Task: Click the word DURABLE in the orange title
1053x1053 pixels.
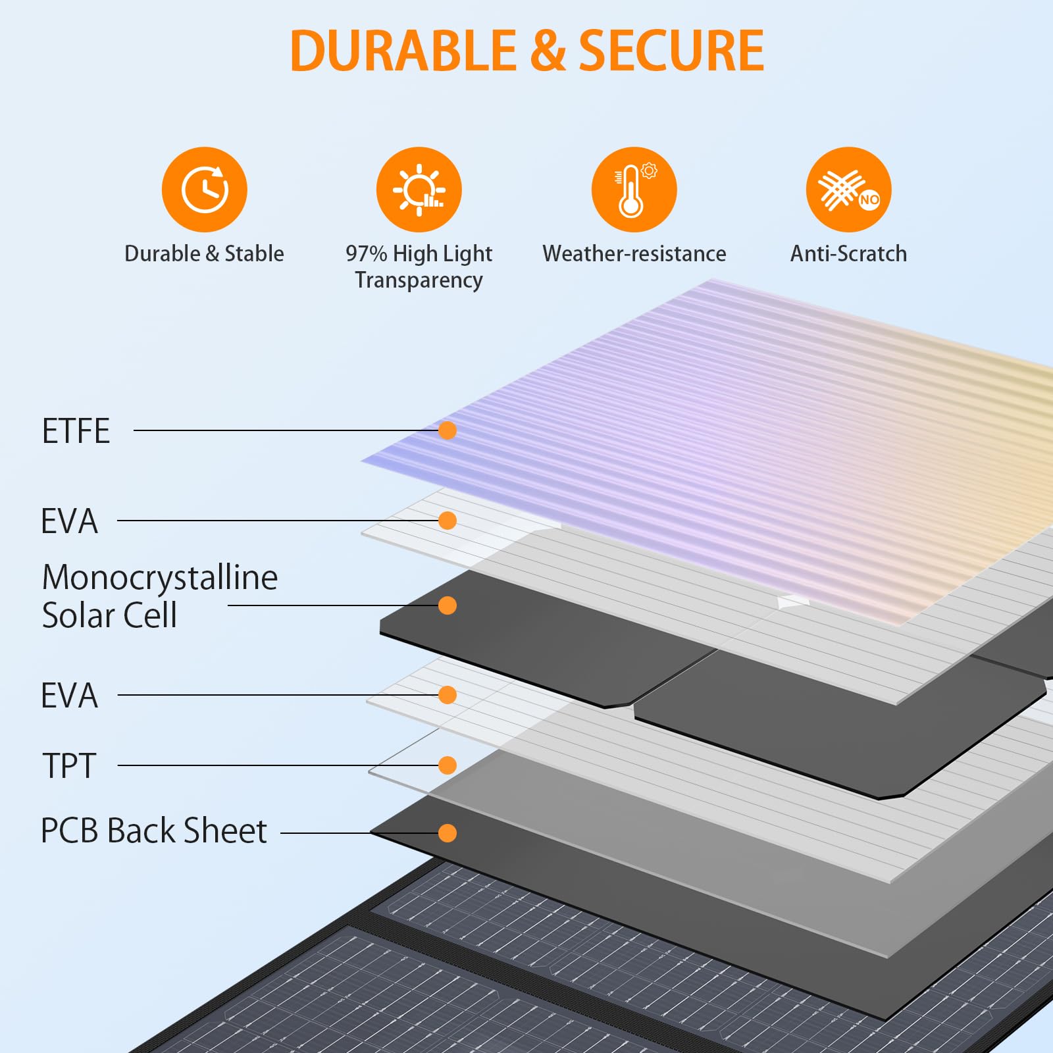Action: [x=403, y=51]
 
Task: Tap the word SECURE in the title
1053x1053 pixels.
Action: [x=671, y=51]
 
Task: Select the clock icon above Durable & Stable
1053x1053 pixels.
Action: [x=205, y=190]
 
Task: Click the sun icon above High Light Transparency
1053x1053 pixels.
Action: [x=419, y=190]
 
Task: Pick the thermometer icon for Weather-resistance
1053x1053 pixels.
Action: [x=634, y=190]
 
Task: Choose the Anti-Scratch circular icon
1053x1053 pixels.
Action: [x=848, y=190]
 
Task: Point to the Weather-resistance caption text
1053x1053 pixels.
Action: [x=634, y=253]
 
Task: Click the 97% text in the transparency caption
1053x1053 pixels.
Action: [x=366, y=253]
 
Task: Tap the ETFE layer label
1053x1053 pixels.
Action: [x=76, y=431]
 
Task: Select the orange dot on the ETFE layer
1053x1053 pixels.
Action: [x=448, y=430]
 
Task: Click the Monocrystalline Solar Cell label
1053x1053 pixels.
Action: [x=159, y=596]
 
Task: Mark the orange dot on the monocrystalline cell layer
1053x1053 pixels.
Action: [x=448, y=605]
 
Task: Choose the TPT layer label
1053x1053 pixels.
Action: [x=69, y=765]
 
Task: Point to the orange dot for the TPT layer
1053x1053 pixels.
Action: [x=448, y=765]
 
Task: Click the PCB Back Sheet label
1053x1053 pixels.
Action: [x=154, y=831]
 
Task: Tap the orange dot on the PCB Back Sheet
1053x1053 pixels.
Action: [x=448, y=833]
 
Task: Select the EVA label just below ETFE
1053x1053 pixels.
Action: [x=69, y=521]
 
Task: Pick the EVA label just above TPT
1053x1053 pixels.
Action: [x=69, y=695]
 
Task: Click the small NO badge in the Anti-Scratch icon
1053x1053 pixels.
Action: [x=869, y=199]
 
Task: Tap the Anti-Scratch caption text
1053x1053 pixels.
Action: [x=848, y=253]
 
